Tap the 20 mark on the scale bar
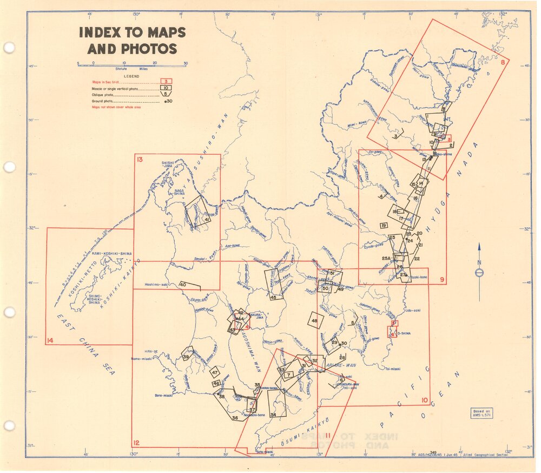(155, 63)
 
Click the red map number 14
(50, 340)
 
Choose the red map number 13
(140, 159)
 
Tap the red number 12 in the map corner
(137, 443)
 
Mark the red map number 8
(503, 62)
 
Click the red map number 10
(425, 401)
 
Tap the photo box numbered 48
(315, 321)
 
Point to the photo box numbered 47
(215, 372)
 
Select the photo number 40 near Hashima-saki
(183, 285)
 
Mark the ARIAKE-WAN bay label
(338, 365)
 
